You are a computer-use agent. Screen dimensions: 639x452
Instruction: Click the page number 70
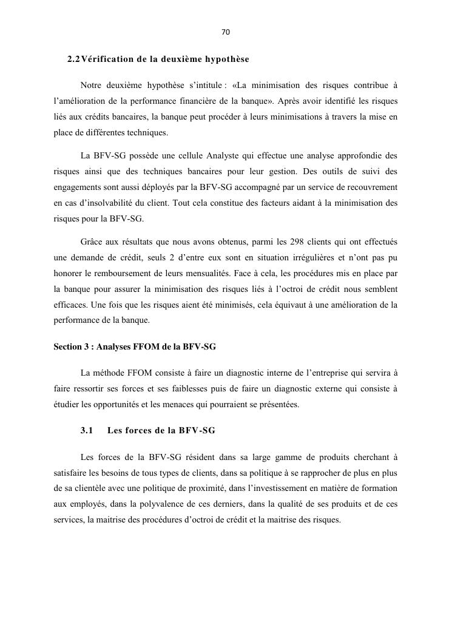(x=226, y=32)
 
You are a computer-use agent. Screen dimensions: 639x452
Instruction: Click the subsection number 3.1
(x=87, y=431)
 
